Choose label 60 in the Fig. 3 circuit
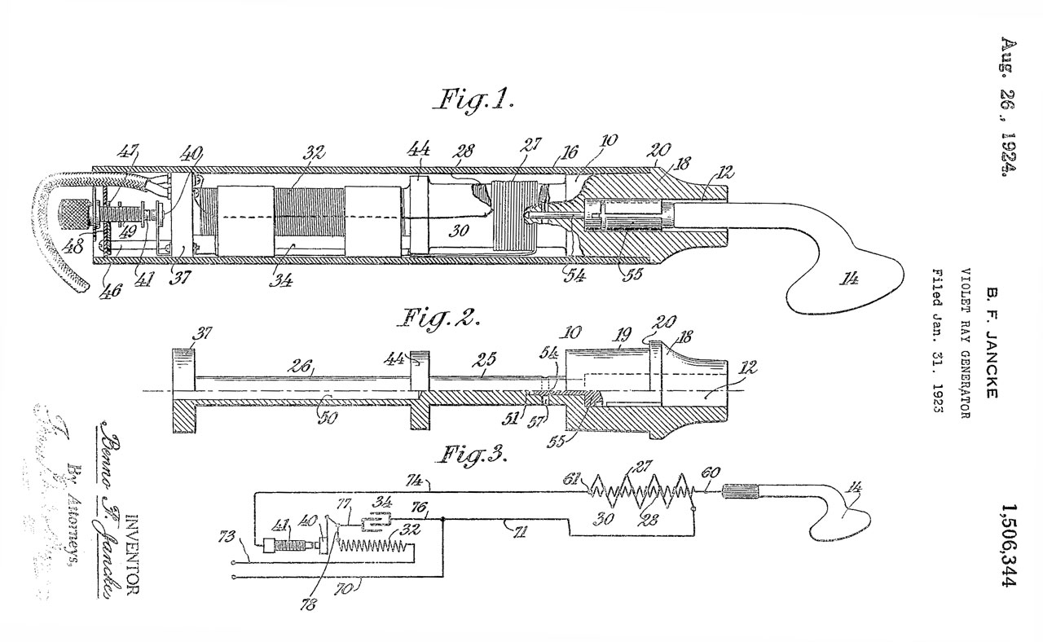[x=711, y=473]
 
